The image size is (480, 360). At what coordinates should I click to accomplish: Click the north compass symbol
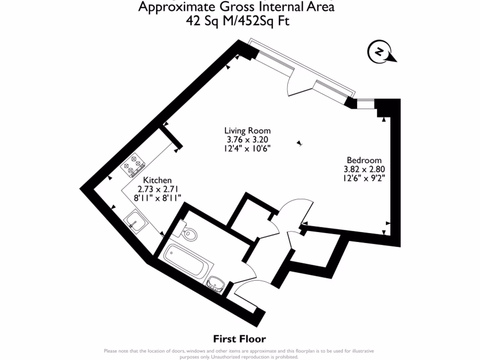(381, 52)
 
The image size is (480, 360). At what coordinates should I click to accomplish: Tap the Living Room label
(247, 131)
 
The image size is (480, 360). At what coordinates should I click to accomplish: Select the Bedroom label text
(364, 160)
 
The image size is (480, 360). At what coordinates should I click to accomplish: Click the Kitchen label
(157, 180)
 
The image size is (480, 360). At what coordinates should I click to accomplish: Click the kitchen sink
(135, 221)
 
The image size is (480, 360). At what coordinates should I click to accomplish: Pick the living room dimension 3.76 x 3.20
(247, 140)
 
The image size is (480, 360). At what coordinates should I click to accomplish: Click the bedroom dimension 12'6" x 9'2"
(364, 178)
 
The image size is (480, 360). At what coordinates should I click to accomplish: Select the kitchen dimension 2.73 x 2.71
(157, 189)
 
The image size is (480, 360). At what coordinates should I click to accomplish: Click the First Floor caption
(240, 338)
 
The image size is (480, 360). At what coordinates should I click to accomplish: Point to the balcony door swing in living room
(300, 84)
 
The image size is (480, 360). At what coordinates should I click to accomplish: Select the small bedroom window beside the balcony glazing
(366, 104)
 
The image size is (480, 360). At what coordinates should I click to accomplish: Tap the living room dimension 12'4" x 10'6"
(247, 149)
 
